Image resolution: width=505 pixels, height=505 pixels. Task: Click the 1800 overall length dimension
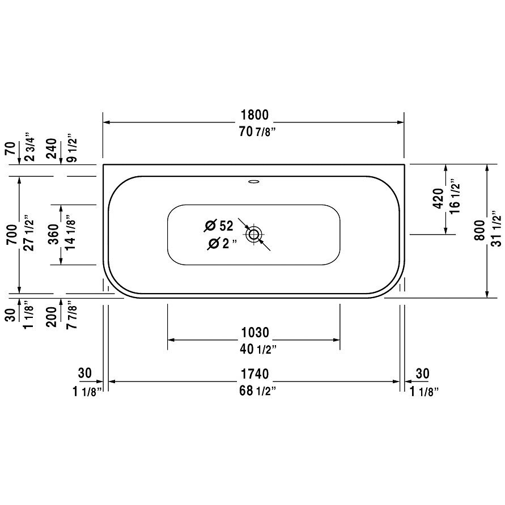[254, 114]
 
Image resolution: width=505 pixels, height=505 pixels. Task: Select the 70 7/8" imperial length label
[258, 131]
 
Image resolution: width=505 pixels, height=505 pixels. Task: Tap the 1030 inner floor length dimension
[254, 332]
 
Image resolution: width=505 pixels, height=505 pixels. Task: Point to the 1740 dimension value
[254, 374]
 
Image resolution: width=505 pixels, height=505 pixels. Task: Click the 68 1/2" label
[258, 391]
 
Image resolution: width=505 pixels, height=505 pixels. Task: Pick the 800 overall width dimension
[479, 230]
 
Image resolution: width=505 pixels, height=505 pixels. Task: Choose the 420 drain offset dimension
[438, 199]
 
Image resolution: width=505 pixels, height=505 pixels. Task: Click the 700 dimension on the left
[12, 235]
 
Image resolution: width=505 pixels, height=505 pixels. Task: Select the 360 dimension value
[54, 234]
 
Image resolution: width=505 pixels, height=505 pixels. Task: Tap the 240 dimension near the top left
[52, 148]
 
